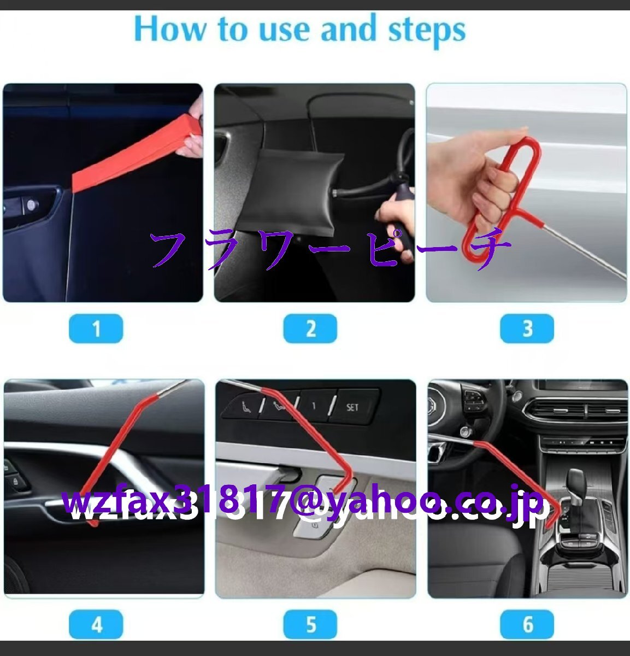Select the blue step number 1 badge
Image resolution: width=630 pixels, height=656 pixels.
pyautogui.click(x=96, y=329)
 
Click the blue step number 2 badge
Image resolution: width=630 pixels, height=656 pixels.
pyautogui.click(x=310, y=329)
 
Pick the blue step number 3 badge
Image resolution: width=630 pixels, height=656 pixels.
pyautogui.click(x=527, y=329)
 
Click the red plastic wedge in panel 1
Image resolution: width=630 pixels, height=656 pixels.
pyautogui.click(x=135, y=154)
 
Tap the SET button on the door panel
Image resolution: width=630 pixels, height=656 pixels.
pyautogui.click(x=352, y=407)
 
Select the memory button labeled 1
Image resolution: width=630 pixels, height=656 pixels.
pyautogui.click(x=313, y=406)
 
